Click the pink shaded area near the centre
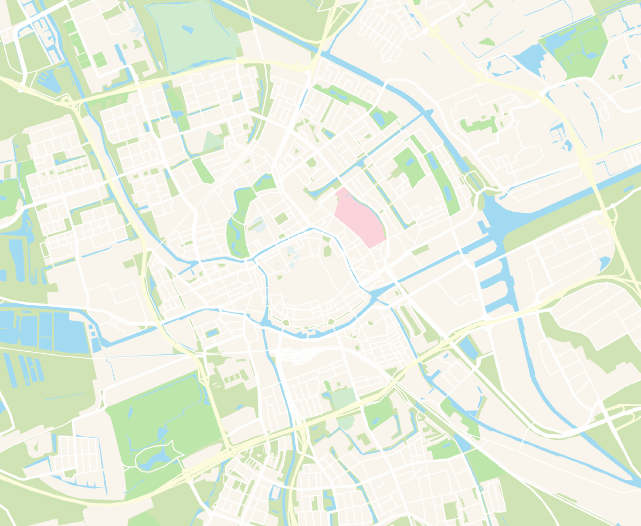click(x=359, y=217)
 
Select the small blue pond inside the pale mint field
click(x=188, y=29)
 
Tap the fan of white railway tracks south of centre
click(x=299, y=355)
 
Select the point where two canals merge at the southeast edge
click(x=629, y=481)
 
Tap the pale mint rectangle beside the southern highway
click(x=343, y=398)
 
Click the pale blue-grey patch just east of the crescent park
click(x=257, y=225)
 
